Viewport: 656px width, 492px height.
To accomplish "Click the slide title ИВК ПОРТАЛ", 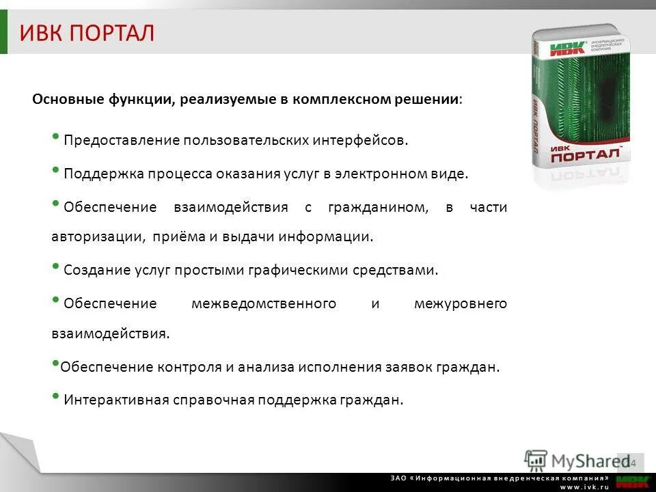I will point(87,33).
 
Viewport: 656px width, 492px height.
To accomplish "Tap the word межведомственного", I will point(264,303).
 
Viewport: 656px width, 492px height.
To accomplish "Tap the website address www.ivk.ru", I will point(584,487).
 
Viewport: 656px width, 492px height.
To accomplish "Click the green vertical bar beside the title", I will point(4,33).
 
